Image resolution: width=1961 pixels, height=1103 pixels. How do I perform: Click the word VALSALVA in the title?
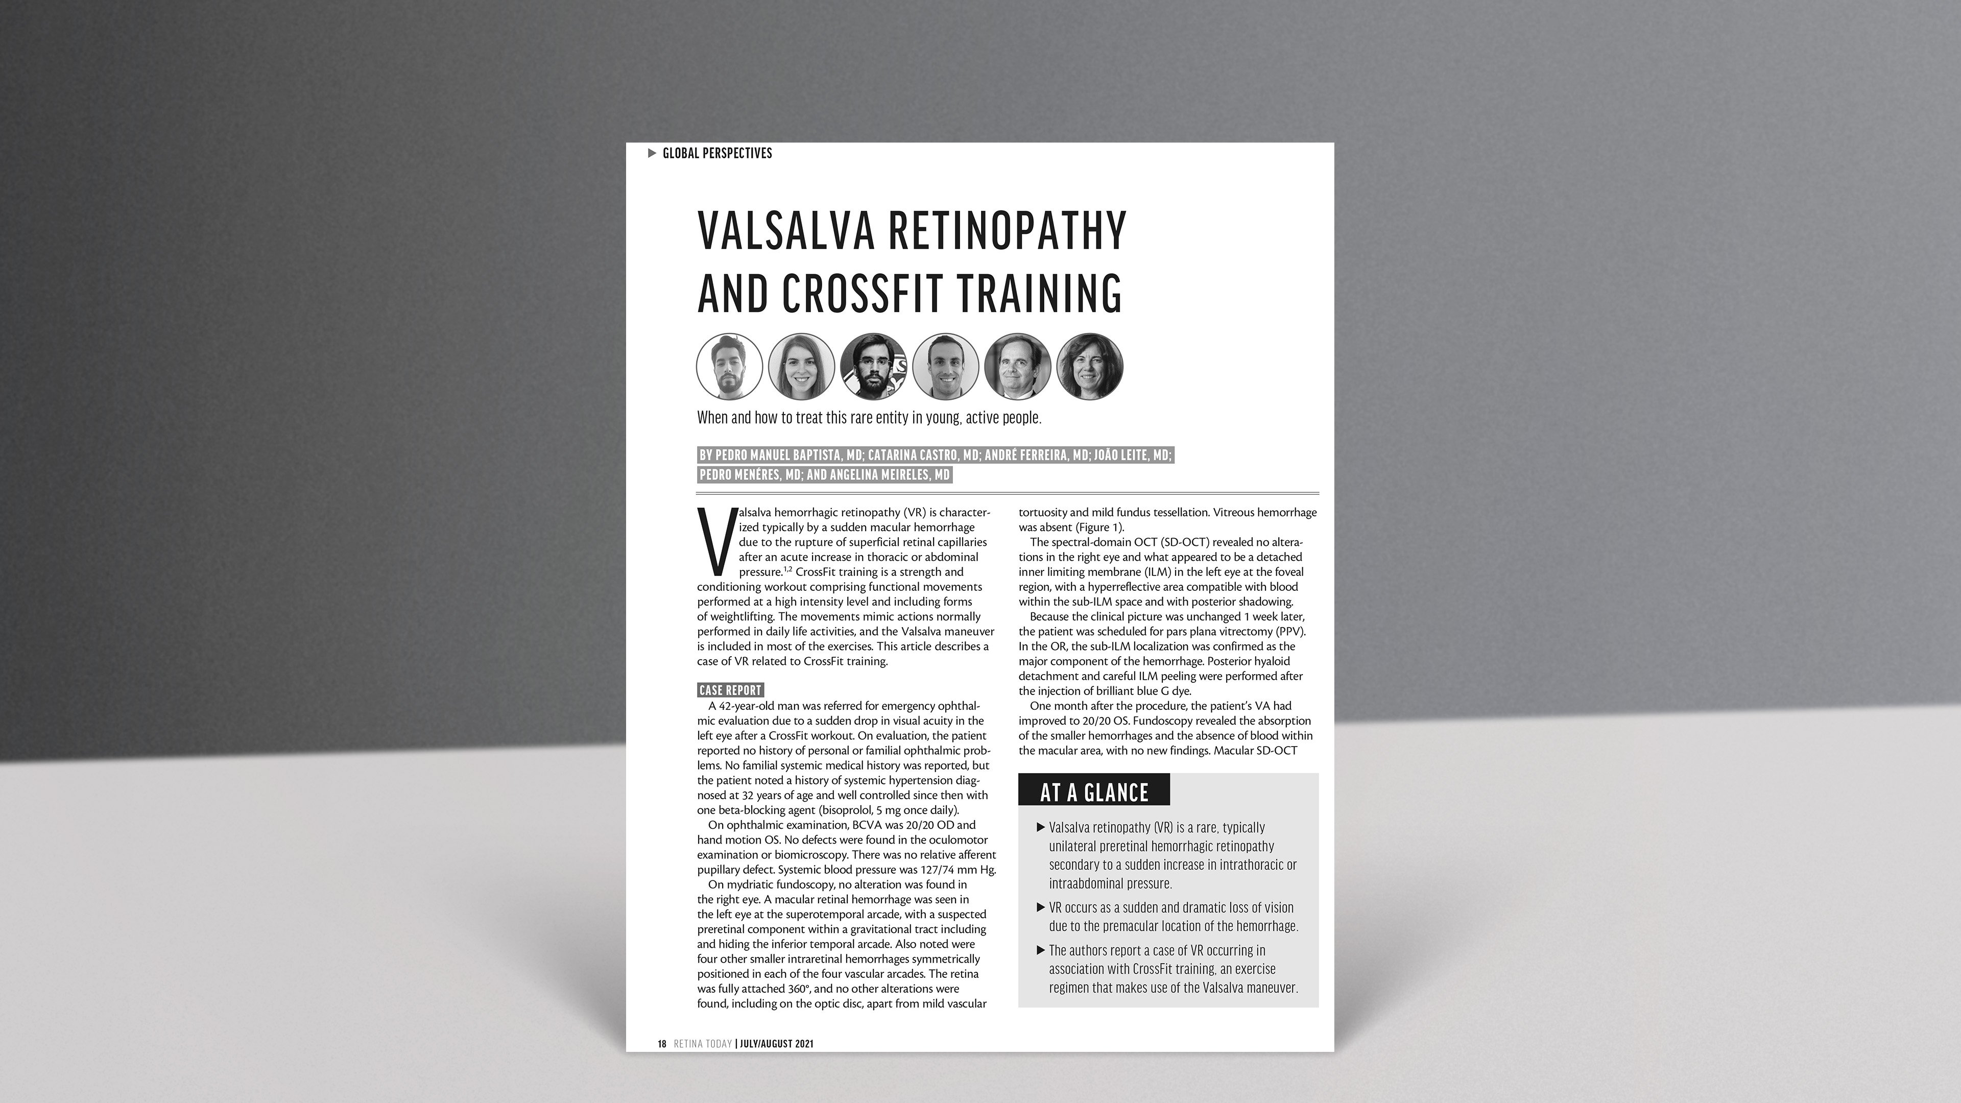pos(786,231)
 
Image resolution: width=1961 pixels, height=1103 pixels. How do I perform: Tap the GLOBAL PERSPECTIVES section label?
pos(717,153)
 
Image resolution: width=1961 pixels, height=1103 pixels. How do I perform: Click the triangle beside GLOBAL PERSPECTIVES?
pos(652,153)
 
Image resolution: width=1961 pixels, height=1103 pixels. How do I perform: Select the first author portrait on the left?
pos(729,366)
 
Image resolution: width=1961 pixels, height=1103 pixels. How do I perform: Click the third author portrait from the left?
pos(873,366)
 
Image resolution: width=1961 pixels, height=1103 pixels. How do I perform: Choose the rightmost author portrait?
pos(1089,366)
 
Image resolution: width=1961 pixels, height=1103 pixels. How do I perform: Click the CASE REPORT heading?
pos(730,690)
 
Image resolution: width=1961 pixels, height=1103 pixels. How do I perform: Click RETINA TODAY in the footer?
pos(703,1044)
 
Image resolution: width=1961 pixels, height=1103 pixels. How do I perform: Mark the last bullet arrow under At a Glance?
pos(1041,950)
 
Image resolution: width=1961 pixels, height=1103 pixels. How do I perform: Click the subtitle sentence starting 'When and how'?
pos(869,418)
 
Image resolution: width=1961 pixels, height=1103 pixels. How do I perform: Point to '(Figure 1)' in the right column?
pos(1098,527)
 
